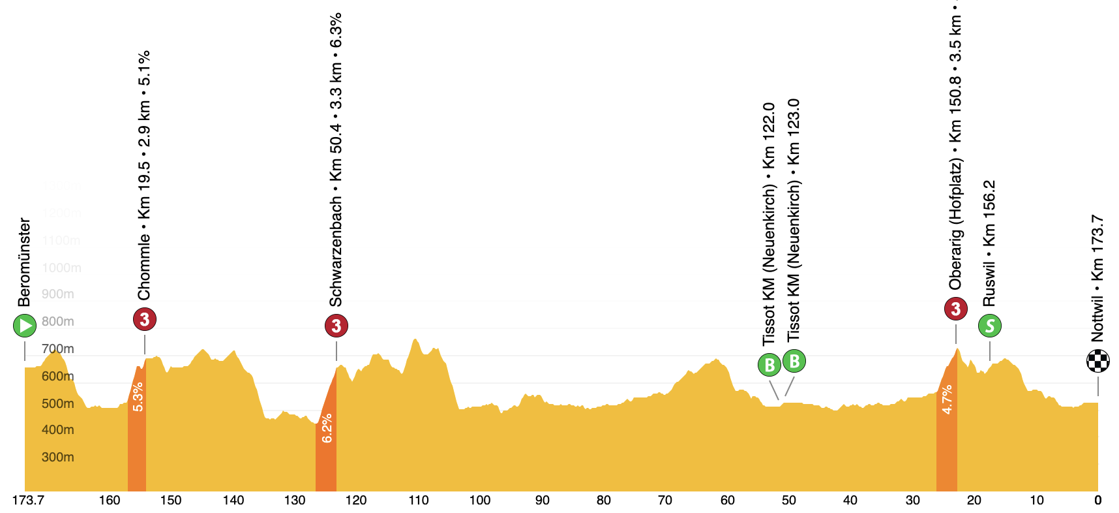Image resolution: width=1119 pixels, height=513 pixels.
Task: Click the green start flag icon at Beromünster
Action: pos(25,326)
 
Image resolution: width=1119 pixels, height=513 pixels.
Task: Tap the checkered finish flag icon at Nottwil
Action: pos(1098,361)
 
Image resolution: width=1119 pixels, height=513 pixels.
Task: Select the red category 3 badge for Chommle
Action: pos(145,320)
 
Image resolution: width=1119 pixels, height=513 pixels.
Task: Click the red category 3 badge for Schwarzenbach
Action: pos(336,326)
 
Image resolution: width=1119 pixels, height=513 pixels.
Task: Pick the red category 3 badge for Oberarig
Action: pos(956,309)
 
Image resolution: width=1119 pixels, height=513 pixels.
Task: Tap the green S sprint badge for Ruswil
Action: pos(990,326)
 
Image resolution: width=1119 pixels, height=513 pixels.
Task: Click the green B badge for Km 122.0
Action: pos(769,365)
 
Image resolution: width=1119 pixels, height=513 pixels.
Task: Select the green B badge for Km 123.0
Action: pos(794,361)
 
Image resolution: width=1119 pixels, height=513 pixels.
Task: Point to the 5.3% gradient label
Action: pos(138,397)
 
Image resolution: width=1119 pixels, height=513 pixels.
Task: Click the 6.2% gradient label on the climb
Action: pos(327,428)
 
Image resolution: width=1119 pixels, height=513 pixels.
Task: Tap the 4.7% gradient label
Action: pos(947,399)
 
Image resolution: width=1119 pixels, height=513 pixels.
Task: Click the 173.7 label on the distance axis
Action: pos(28,501)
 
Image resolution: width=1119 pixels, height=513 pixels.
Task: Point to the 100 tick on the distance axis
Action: pos(480,501)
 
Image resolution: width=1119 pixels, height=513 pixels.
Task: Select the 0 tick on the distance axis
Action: pos(1098,501)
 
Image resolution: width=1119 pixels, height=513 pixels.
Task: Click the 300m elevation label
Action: pos(57,458)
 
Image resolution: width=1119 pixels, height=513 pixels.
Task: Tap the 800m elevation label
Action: pos(57,322)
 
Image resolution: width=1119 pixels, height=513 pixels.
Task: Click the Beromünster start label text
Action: pos(25,262)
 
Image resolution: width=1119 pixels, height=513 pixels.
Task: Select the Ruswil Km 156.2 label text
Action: pos(990,243)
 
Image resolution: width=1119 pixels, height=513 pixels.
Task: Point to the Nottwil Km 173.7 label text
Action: pos(1098,278)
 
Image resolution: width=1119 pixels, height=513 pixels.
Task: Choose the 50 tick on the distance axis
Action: pos(789,501)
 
